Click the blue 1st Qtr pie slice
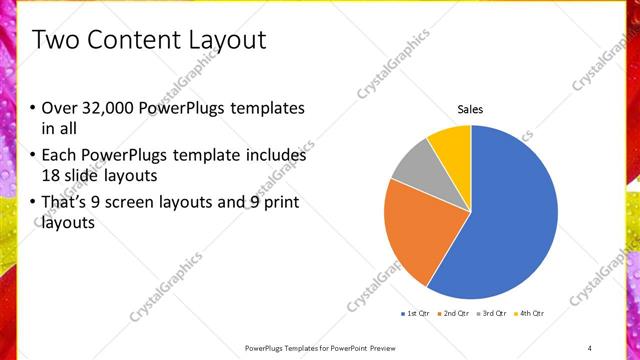[x=510, y=220]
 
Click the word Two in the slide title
[x=58, y=40]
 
